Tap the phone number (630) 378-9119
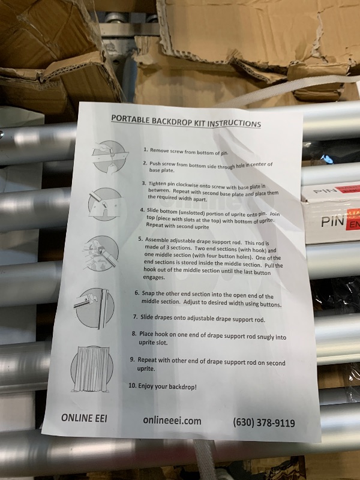coord(264,423)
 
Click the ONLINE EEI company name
coord(85,418)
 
